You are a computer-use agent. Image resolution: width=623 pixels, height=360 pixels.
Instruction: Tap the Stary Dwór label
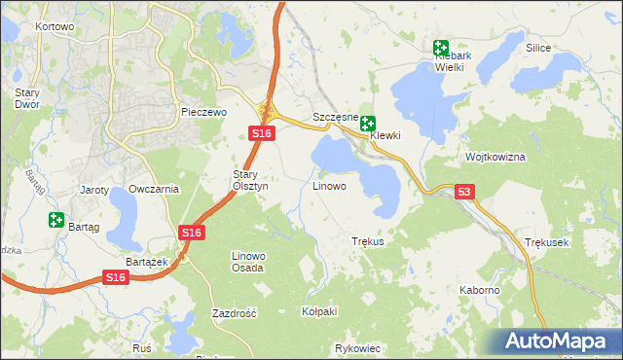pos(26,98)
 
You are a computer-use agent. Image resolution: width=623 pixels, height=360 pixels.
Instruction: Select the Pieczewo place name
pos(203,113)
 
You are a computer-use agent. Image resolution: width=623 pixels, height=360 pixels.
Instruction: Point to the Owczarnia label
pos(154,189)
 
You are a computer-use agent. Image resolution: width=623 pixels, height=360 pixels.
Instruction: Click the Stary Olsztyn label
pos(243,180)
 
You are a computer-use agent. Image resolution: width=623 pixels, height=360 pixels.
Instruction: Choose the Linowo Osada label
pos(247,261)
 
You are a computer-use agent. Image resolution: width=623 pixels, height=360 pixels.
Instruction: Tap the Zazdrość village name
pos(234,314)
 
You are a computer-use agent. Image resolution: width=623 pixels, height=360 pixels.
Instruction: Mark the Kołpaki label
pos(319,311)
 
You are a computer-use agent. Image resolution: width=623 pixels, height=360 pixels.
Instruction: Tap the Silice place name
pos(538,48)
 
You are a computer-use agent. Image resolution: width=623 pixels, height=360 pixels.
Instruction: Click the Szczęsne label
pos(336,117)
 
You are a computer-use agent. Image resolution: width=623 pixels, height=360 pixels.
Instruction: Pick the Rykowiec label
pos(356,347)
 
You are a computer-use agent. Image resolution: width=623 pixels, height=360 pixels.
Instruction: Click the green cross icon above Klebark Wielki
pos(441,47)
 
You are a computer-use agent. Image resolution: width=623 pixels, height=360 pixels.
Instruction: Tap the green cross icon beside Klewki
pos(368,124)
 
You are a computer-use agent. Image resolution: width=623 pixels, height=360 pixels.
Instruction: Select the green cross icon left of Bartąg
pos(55,221)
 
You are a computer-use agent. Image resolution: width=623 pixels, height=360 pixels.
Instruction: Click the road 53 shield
pos(464,193)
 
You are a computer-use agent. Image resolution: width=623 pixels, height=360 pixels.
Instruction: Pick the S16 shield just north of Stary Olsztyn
pos(259,133)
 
